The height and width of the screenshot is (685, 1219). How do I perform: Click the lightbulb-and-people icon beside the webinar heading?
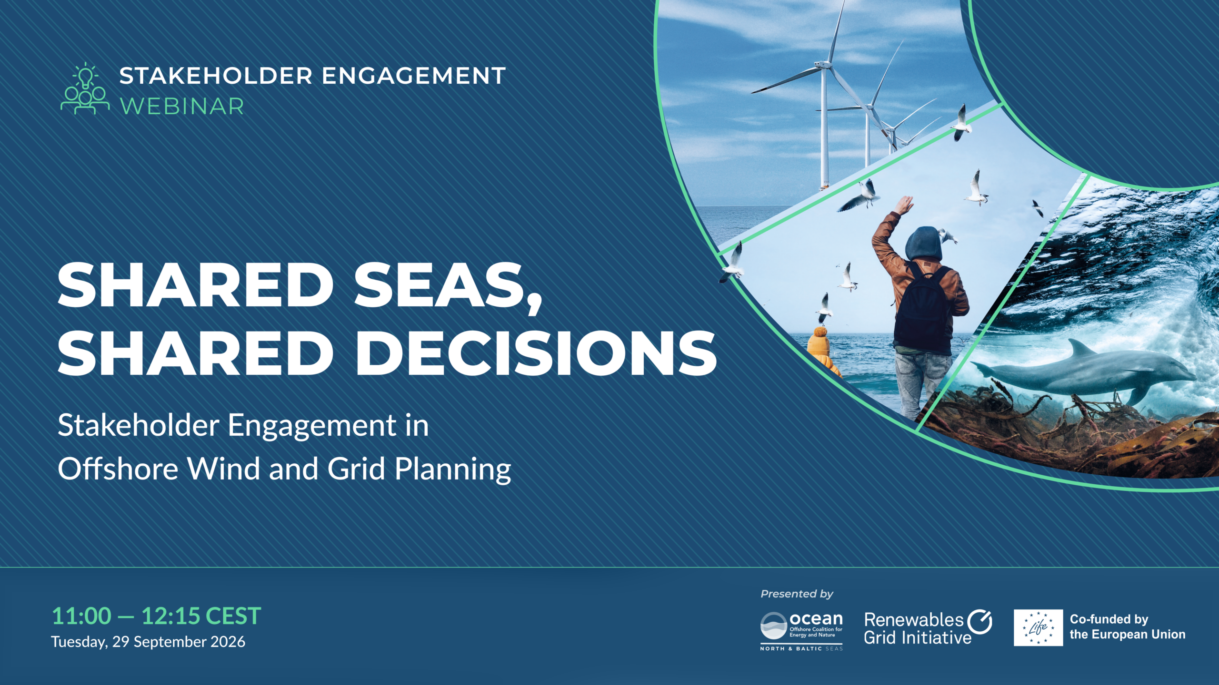pos(85,88)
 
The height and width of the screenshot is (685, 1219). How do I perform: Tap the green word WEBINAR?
pos(182,106)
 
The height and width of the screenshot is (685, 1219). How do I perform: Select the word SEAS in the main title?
pos(448,285)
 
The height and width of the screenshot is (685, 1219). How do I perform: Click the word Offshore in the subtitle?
pos(118,469)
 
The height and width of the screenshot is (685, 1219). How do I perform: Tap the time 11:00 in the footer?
pos(81,616)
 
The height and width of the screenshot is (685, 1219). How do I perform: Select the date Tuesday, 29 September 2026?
pos(148,642)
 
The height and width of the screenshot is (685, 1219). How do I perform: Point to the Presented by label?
pos(797,594)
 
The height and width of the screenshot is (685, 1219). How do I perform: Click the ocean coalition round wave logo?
pos(773,626)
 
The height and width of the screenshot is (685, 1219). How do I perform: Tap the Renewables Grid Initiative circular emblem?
pos(980,622)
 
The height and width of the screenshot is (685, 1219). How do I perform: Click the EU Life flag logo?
pos(1038,628)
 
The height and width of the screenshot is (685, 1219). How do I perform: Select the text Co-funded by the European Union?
pos(1128,626)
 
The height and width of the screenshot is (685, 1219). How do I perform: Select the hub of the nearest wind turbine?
pos(824,65)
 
